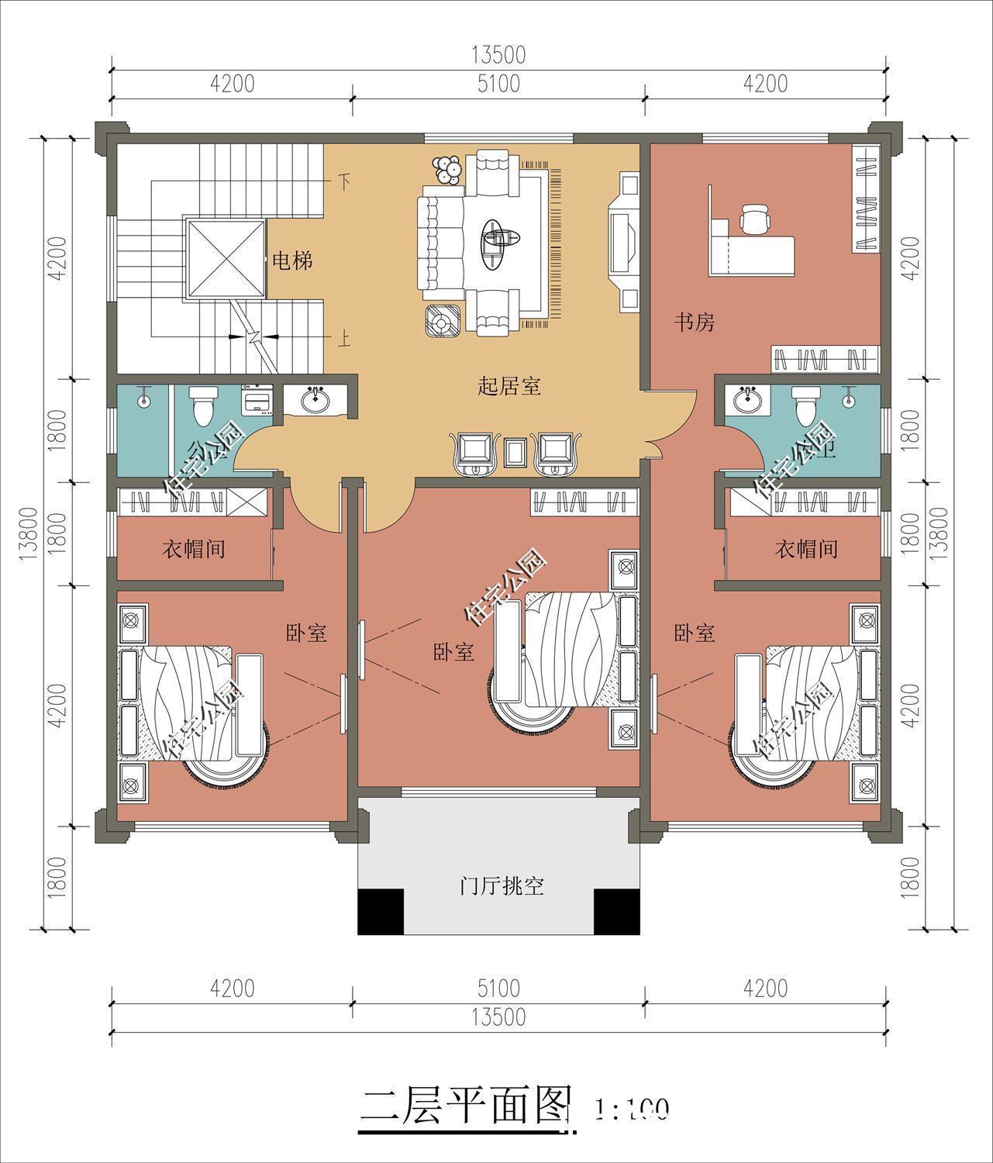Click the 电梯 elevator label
[291, 261]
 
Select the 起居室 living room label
[509, 385]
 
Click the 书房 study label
[694, 323]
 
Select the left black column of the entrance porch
[380, 912]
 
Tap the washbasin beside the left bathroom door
[315, 400]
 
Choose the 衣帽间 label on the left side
[193, 550]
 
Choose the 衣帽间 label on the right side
[806, 550]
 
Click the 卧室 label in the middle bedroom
[453, 652]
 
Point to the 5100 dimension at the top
[498, 84]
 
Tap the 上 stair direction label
[343, 340]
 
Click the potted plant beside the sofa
[447, 170]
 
